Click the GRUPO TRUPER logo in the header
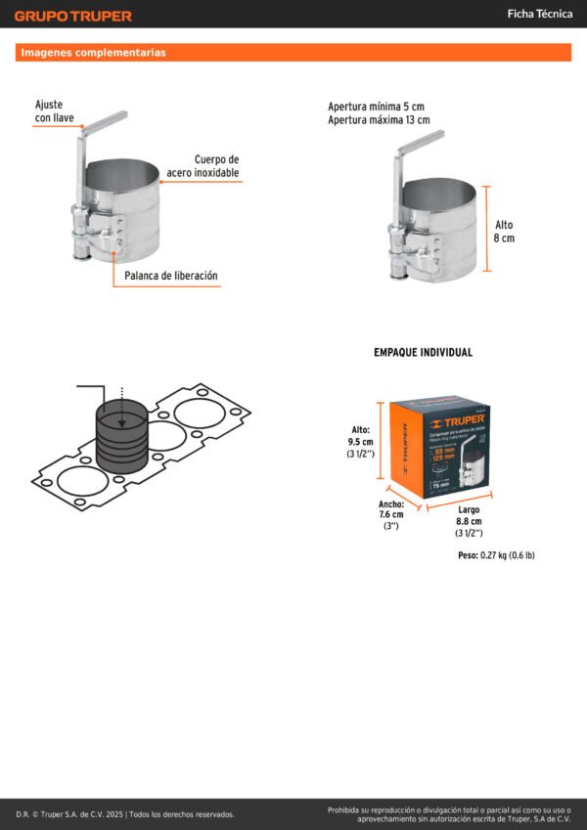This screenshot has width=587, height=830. [x=72, y=16]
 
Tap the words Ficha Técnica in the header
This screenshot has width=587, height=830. [x=539, y=14]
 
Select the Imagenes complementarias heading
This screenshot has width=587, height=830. [x=93, y=53]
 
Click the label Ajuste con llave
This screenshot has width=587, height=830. [x=55, y=111]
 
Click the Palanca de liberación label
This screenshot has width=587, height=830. [x=171, y=276]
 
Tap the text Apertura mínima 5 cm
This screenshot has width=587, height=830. [x=377, y=107]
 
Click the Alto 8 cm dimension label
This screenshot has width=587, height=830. [x=504, y=231]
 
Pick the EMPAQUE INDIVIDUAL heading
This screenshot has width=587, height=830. [x=423, y=352]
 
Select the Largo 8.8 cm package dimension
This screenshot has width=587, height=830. [x=469, y=521]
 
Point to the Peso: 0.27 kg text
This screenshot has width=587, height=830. [x=496, y=555]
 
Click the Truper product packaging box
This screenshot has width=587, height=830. [x=439, y=449]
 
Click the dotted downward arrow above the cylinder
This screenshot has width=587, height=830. [x=122, y=404]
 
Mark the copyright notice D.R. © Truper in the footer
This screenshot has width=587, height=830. [x=125, y=813]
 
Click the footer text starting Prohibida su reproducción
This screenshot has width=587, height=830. [x=448, y=813]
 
